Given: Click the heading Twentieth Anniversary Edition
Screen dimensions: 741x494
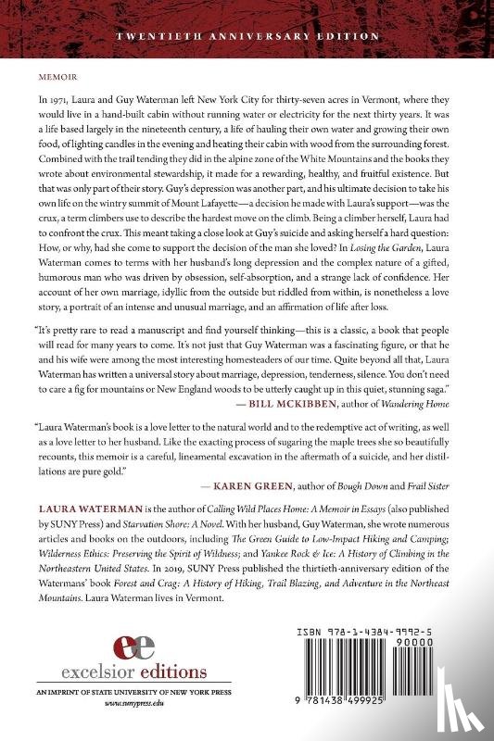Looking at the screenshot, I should coord(247,37).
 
